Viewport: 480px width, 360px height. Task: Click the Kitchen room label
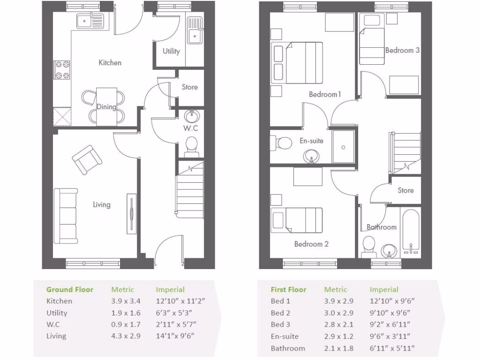point(110,62)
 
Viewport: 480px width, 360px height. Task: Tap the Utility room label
point(171,51)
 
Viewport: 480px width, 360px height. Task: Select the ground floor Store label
point(190,87)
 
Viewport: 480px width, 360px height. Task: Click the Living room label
point(101,204)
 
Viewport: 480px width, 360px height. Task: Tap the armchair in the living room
point(87,159)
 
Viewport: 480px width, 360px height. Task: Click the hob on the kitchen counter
point(62,70)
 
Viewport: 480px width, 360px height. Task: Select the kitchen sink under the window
point(90,21)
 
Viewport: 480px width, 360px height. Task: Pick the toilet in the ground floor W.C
point(192,145)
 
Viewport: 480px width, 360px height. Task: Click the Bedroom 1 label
point(325,94)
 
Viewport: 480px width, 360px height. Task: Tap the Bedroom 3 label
point(402,50)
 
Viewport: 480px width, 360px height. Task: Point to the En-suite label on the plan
point(312,141)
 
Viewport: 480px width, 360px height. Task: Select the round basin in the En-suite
point(311,156)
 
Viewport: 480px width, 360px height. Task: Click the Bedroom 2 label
point(311,244)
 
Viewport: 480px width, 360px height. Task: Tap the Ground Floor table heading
point(70,290)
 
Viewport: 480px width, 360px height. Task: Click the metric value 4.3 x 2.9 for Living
point(122,336)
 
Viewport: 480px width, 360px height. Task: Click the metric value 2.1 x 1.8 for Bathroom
point(338,348)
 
